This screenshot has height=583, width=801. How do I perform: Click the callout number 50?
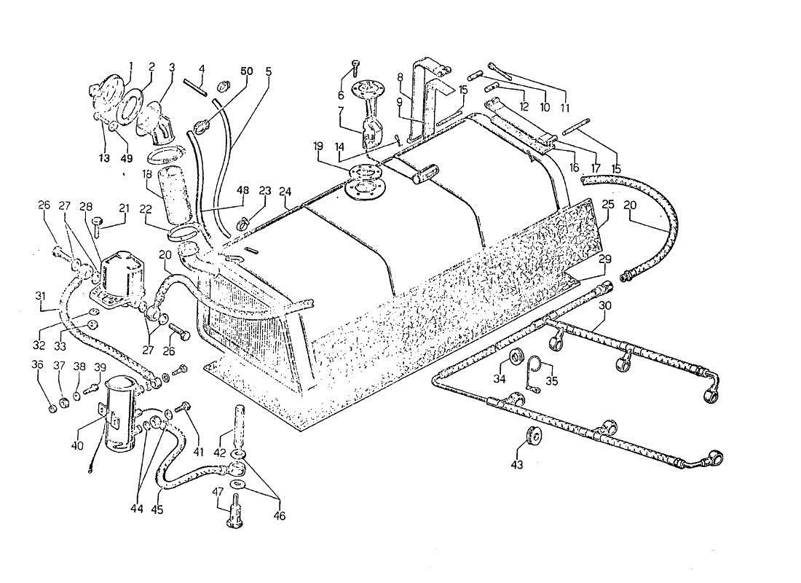[x=247, y=71]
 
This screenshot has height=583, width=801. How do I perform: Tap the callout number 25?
[x=608, y=206]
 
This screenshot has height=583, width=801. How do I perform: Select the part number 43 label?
[x=518, y=463]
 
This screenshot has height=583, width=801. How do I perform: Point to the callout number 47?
[x=218, y=493]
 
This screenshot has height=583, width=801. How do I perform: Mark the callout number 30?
[x=604, y=306]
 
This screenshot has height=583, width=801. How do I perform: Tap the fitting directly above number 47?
[x=235, y=508]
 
